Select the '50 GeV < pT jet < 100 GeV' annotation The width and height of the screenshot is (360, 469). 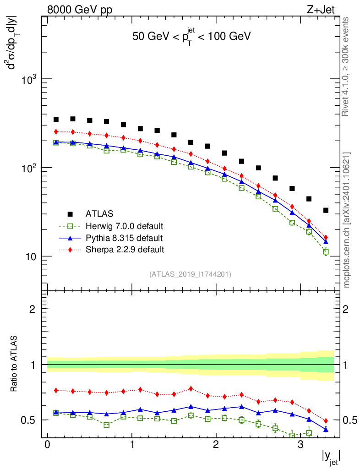click(191, 37)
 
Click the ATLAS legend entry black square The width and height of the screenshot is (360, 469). click(70, 214)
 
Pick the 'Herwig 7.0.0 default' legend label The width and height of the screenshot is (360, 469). click(125, 226)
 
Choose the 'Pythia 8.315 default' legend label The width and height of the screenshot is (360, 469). click(124, 238)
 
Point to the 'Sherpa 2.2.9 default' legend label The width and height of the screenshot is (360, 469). click(125, 250)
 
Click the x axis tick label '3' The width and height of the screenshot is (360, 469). click(300, 446)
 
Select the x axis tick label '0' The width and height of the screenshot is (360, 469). click(47, 446)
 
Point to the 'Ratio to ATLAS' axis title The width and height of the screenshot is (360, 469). click(15, 364)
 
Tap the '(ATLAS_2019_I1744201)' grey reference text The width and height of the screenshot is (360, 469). click(190, 274)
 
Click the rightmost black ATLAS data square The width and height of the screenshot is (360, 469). click(326, 210)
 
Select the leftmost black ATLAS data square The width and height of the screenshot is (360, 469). click(56, 120)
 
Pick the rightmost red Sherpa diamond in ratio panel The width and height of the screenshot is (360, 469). click(326, 420)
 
